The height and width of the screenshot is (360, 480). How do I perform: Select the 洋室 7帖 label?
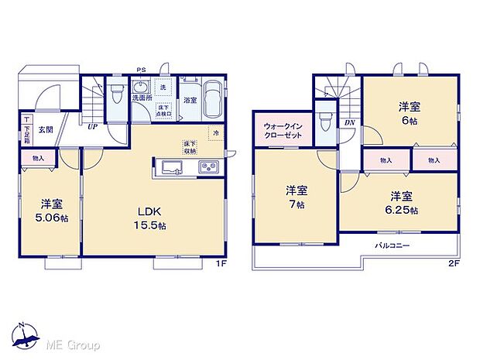pyautogui.click(x=296, y=197)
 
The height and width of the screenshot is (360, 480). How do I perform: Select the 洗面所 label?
pyautogui.click(x=141, y=99)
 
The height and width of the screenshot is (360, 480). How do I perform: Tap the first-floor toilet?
pyautogui.click(x=117, y=95)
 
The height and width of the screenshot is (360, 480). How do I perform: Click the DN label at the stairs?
pyautogui.click(x=349, y=122)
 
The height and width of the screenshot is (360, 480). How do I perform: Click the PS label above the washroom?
pyautogui.click(x=141, y=70)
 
